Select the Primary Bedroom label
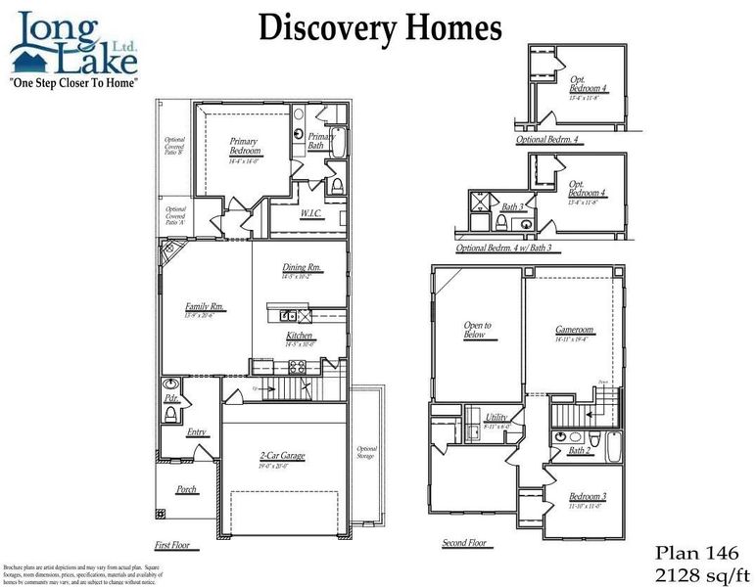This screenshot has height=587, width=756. (245, 147)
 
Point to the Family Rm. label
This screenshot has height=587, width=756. (205, 307)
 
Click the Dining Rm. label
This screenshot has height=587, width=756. (302, 268)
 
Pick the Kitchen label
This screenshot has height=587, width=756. (300, 337)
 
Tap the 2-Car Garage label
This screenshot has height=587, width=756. (283, 456)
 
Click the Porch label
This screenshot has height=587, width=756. (187, 489)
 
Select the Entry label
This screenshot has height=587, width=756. (197, 432)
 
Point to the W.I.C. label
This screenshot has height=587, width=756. (312, 213)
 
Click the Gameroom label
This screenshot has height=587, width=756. (575, 331)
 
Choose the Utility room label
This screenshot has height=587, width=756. (496, 417)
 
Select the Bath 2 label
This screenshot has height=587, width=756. (580, 450)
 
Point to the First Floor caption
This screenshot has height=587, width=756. (172, 544)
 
